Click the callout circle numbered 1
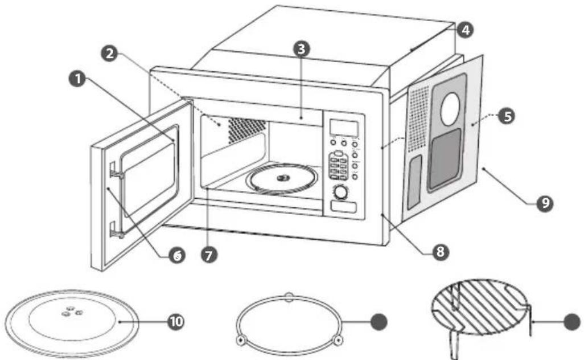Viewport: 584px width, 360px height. coord(77,79)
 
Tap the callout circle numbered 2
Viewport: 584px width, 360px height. coord(109,54)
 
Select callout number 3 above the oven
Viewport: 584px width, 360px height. coord(301,48)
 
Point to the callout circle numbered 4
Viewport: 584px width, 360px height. coord(466,30)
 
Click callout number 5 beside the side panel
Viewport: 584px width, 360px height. coord(507,116)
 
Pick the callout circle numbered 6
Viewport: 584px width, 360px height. coord(176,255)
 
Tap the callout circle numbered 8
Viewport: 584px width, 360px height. coord(440,252)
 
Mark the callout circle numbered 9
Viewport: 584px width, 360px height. coord(545,203)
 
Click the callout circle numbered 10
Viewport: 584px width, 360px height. coord(176,321)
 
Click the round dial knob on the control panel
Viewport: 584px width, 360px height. coord(340,193)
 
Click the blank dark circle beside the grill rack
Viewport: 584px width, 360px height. coord(572,322)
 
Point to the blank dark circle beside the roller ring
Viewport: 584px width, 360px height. coord(379,321)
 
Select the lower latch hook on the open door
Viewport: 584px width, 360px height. coord(117,231)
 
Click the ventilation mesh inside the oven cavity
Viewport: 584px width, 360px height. coord(246,130)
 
